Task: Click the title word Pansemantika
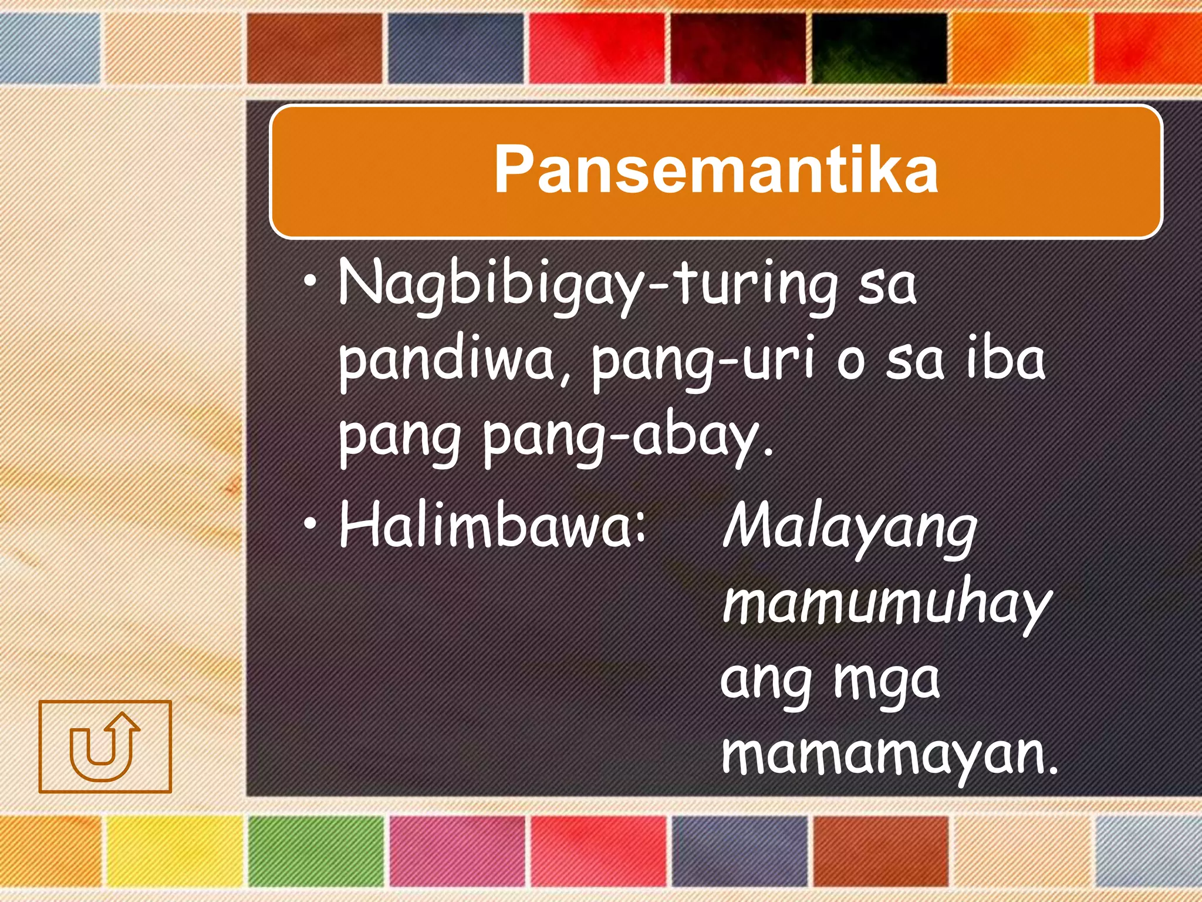click(715, 169)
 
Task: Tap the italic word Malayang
click(849, 529)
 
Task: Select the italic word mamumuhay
click(886, 605)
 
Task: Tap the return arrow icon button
click(105, 746)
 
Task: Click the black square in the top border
click(879, 48)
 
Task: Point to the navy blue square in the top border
click(455, 48)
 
